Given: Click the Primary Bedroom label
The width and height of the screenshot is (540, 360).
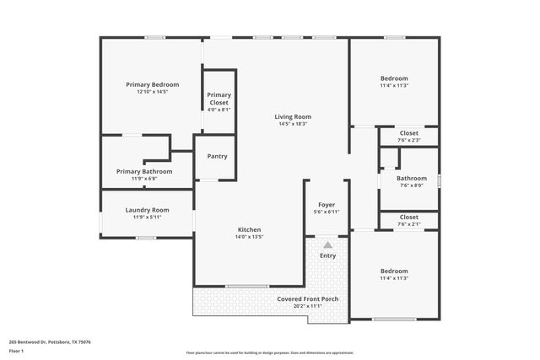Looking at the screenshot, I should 153,84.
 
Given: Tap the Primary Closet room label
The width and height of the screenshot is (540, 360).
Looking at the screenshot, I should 219,99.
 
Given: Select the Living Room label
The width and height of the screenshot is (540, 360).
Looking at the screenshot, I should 293,116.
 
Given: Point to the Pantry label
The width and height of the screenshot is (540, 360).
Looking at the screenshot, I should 217,156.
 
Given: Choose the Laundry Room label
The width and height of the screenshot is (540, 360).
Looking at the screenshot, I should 147,210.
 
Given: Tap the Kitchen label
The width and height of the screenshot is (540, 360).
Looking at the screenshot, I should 249,229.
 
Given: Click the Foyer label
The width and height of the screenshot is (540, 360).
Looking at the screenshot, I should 327,205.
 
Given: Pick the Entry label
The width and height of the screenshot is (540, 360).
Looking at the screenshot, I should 327,255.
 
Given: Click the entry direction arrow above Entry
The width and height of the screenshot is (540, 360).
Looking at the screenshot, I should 327,244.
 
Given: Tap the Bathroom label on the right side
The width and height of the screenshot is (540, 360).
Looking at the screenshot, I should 412,178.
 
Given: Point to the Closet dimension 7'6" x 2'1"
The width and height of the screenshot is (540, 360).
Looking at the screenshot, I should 409,224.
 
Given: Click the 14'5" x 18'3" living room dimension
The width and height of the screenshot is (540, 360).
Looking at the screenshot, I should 293,124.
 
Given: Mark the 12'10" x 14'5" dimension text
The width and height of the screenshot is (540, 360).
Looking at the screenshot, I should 153,91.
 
